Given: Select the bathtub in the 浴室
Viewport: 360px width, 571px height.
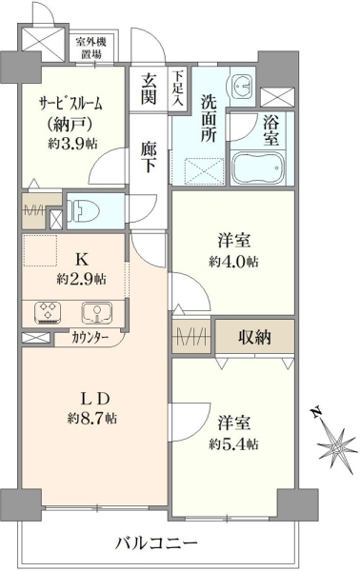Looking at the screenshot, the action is pyautogui.click(x=257, y=167).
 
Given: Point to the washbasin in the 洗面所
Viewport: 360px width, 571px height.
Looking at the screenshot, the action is pyautogui.click(x=239, y=86).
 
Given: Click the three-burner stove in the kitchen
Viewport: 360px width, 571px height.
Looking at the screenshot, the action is pyautogui.click(x=49, y=312).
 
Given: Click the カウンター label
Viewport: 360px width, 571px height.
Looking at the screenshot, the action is pyautogui.click(x=90, y=338).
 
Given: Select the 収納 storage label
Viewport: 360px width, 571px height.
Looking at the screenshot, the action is pyautogui.click(x=254, y=337).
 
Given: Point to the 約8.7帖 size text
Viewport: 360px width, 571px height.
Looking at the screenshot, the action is pyautogui.click(x=91, y=419).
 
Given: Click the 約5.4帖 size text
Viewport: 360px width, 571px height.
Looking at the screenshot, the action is pyautogui.click(x=233, y=443).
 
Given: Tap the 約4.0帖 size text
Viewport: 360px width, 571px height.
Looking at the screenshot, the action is pyautogui.click(x=233, y=261).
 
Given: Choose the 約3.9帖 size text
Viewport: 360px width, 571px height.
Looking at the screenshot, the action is pyautogui.click(x=72, y=144).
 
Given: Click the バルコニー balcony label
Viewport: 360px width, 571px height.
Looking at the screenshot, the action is pyautogui.click(x=156, y=544).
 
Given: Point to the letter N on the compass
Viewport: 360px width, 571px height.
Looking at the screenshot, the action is pyautogui.click(x=316, y=412).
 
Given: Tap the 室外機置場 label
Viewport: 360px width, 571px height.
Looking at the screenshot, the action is pyautogui.click(x=90, y=49).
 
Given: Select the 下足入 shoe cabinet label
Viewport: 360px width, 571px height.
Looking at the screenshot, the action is pyautogui.click(x=178, y=88).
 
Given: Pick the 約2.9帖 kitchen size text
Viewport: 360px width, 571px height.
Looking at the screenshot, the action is pyautogui.click(x=81, y=279).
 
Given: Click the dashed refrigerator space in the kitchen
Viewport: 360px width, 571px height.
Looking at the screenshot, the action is pyautogui.click(x=40, y=251).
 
